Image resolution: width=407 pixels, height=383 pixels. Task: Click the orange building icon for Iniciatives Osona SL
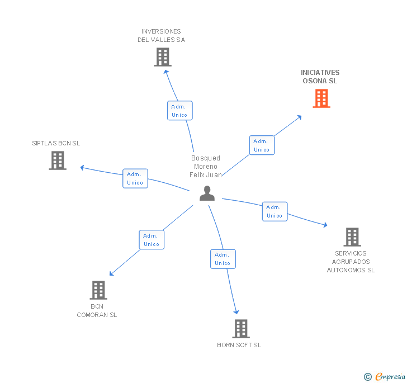(x=321, y=98)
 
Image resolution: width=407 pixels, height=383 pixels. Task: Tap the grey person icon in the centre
(x=207, y=193)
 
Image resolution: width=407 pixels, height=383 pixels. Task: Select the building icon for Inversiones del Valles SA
(x=162, y=57)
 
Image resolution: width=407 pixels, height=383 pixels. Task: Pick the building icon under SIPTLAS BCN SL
(x=58, y=160)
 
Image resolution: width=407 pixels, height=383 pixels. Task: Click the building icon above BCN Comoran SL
(x=98, y=290)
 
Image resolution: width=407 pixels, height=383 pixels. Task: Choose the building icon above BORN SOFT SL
(x=240, y=329)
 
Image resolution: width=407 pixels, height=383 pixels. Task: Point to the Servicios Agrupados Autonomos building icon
(x=352, y=237)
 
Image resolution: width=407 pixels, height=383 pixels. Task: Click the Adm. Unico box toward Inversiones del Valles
(x=179, y=110)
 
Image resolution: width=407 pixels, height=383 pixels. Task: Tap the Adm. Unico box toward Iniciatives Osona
(x=262, y=145)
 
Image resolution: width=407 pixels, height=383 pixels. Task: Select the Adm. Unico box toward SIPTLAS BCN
(x=135, y=178)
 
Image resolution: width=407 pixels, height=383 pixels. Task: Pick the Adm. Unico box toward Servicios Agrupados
(x=275, y=211)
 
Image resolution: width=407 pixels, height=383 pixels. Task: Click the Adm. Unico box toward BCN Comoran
(x=152, y=240)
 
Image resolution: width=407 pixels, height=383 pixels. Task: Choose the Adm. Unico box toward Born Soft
(x=223, y=259)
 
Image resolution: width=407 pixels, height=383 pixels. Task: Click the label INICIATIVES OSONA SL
(x=320, y=77)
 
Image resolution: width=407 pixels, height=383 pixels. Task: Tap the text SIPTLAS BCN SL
(x=56, y=143)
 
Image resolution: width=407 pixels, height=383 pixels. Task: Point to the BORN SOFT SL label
(x=239, y=345)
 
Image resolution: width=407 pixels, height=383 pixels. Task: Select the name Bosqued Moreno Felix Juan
(x=206, y=167)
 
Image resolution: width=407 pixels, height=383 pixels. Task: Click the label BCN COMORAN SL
(x=97, y=310)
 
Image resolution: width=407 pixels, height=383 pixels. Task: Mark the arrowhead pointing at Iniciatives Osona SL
(x=300, y=117)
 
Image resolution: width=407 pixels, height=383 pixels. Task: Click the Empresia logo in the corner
(x=385, y=376)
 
